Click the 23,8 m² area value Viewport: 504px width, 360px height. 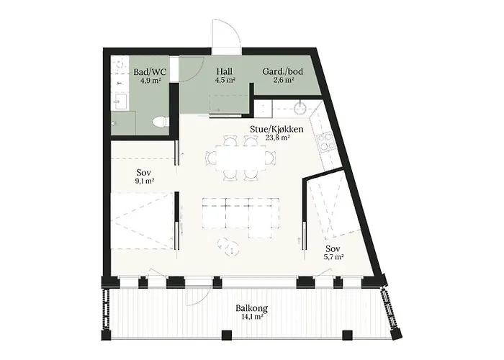(276, 138)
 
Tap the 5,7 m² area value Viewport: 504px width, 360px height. (332, 256)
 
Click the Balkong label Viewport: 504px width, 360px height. (248, 310)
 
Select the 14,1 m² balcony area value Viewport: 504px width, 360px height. (248, 318)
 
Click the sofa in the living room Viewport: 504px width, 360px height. (237, 214)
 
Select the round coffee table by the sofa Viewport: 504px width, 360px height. (230, 245)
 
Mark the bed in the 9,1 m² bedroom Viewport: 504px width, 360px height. (142, 219)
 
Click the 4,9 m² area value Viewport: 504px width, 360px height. (150, 81)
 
